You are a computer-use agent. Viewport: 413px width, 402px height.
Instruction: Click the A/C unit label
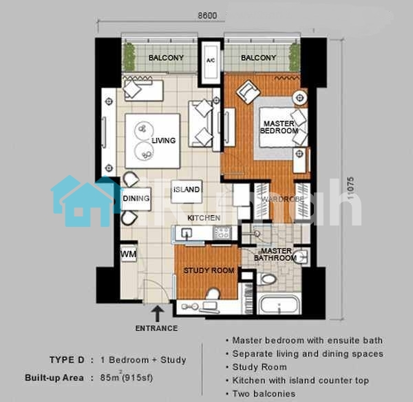click(x=211, y=61)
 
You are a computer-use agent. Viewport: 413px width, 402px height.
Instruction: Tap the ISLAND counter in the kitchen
click(x=187, y=192)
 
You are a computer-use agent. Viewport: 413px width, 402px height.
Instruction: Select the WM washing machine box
click(x=129, y=254)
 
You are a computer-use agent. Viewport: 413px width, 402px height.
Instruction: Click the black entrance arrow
click(x=157, y=313)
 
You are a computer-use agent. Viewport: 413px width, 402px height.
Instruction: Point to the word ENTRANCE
click(x=156, y=328)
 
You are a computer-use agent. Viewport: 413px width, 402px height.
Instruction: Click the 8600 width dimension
click(x=207, y=16)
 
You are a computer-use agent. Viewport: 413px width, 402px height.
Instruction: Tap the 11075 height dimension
click(x=350, y=188)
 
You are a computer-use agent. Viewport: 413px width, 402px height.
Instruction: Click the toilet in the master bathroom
click(x=266, y=279)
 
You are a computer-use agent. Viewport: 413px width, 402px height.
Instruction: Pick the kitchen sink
click(x=187, y=233)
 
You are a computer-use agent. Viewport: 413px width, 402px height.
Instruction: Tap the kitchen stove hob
click(x=222, y=232)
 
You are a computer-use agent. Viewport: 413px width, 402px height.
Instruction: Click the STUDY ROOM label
click(x=209, y=270)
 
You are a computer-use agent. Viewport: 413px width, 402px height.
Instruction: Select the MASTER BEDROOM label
click(x=279, y=127)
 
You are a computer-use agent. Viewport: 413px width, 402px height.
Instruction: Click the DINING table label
click(x=136, y=199)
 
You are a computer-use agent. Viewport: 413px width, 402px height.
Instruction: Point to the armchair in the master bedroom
click(x=248, y=92)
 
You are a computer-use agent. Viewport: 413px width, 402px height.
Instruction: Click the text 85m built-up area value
click(x=126, y=377)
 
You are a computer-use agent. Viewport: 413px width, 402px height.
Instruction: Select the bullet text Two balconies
click(x=264, y=394)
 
